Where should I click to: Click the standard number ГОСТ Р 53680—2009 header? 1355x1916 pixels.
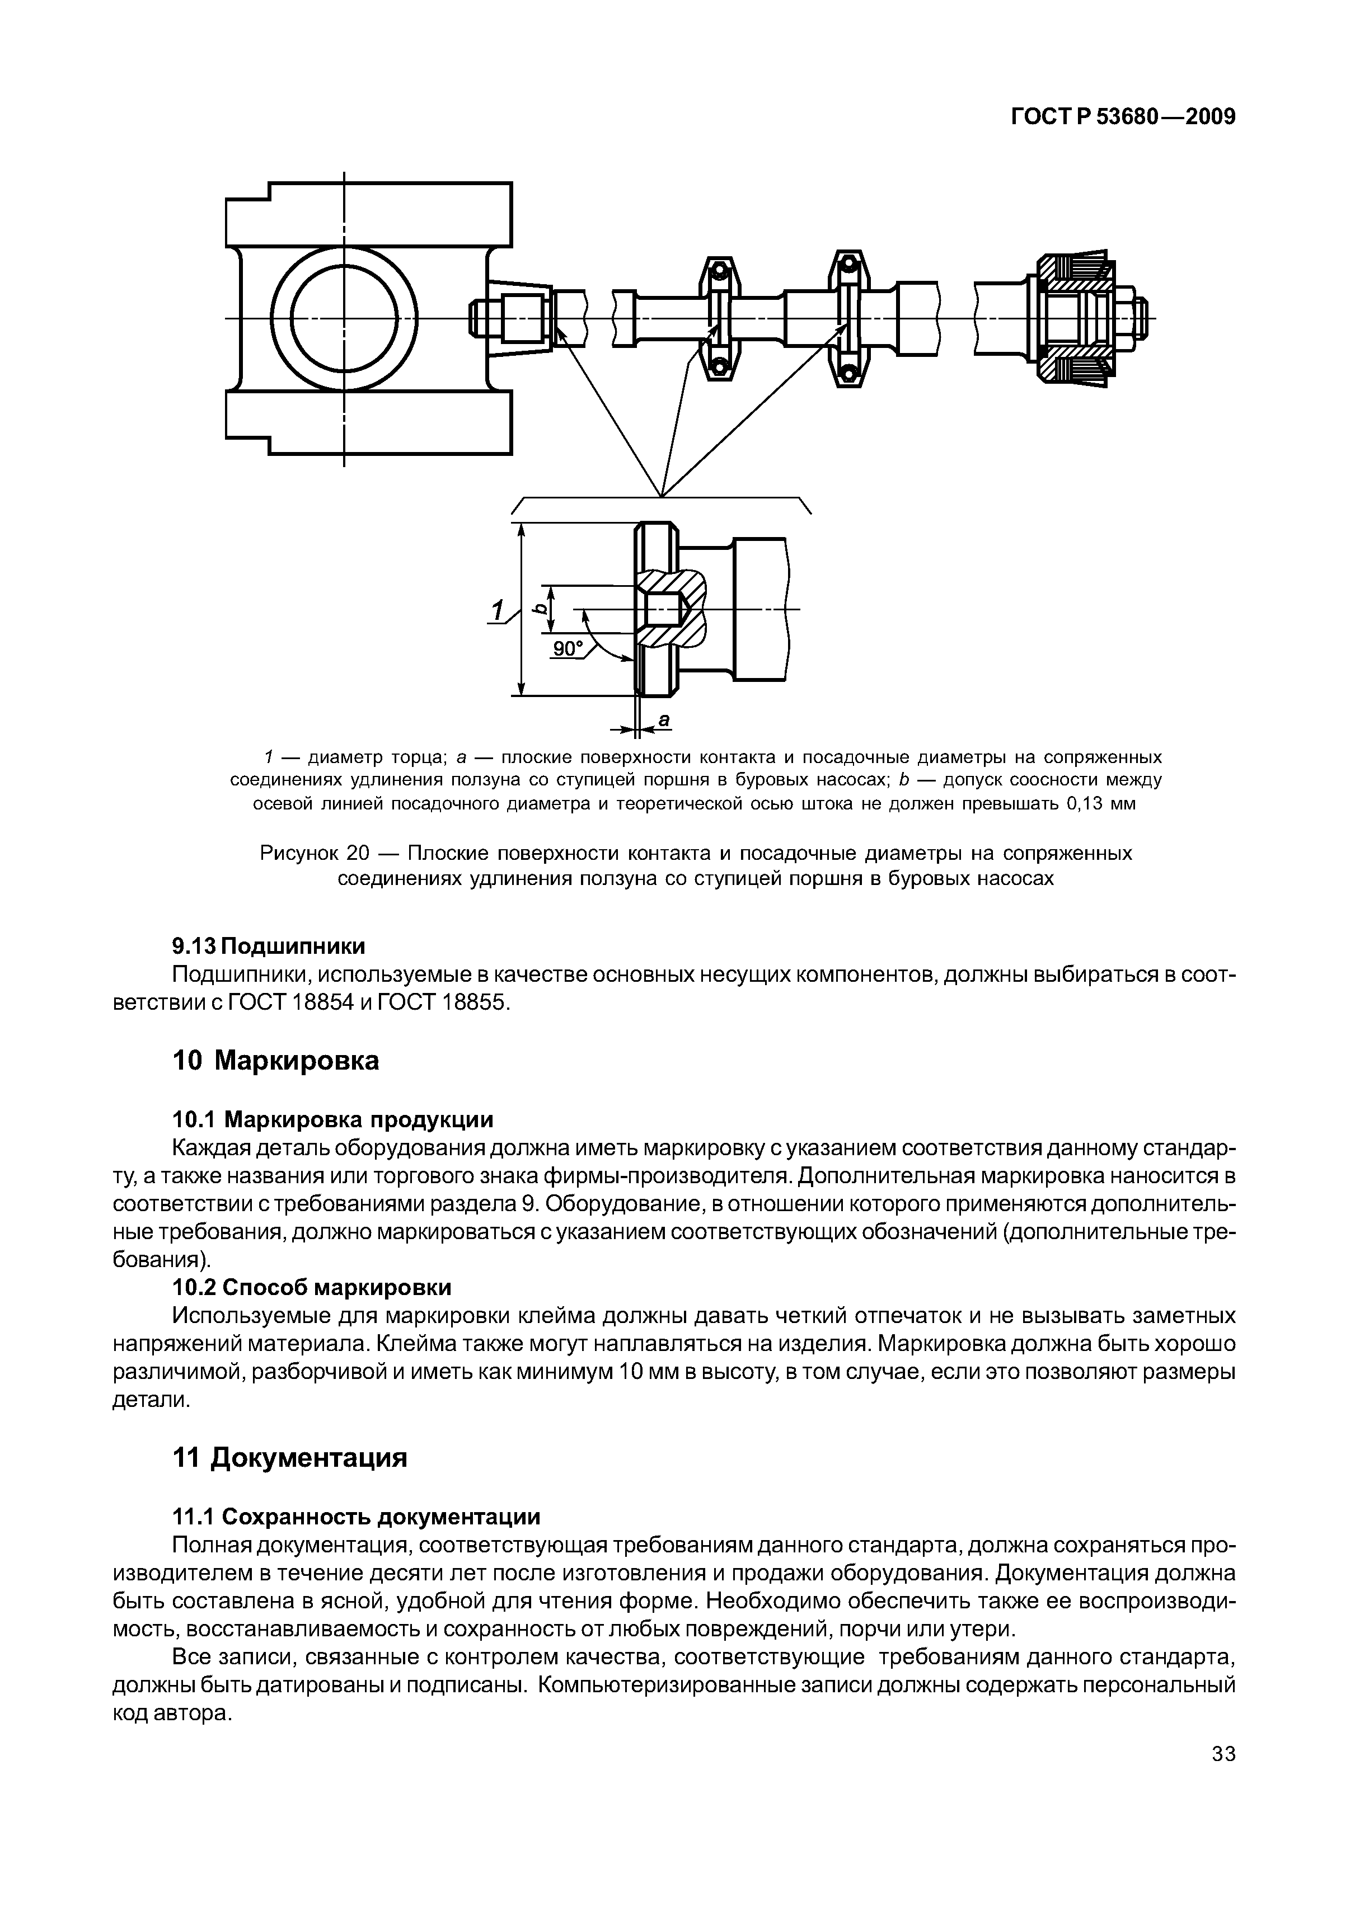click(x=1122, y=117)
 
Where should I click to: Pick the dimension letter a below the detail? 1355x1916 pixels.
click(x=664, y=719)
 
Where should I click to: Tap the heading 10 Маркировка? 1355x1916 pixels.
click(x=275, y=1061)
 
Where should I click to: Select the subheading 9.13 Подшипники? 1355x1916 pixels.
click(x=268, y=947)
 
